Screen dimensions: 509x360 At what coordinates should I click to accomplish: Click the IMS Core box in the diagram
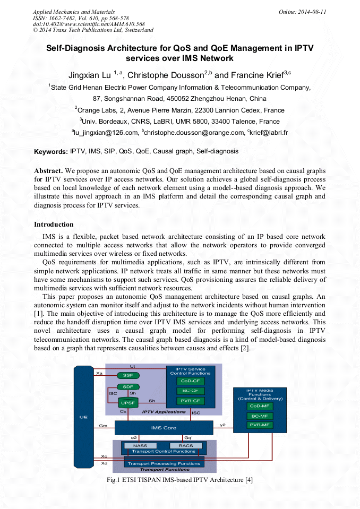164,428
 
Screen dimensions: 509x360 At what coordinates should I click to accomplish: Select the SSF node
128,375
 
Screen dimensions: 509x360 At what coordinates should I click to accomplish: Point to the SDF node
128,387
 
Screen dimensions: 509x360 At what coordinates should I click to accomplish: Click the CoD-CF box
191,381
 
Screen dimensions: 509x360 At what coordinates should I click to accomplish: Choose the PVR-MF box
260,425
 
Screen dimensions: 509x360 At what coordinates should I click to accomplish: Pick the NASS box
141,445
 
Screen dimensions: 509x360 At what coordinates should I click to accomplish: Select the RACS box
185,445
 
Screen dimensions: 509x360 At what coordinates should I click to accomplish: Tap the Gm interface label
103,426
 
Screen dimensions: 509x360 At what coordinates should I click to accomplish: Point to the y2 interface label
223,425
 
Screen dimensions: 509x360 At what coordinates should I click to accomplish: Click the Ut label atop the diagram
133,366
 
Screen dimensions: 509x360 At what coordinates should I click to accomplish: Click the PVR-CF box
191,401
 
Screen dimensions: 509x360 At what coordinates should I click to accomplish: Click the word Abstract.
49,171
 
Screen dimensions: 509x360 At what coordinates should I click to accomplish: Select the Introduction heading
54,225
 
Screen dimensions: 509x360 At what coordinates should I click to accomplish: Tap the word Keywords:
51,152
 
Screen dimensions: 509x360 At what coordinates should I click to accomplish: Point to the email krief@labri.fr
268,133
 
